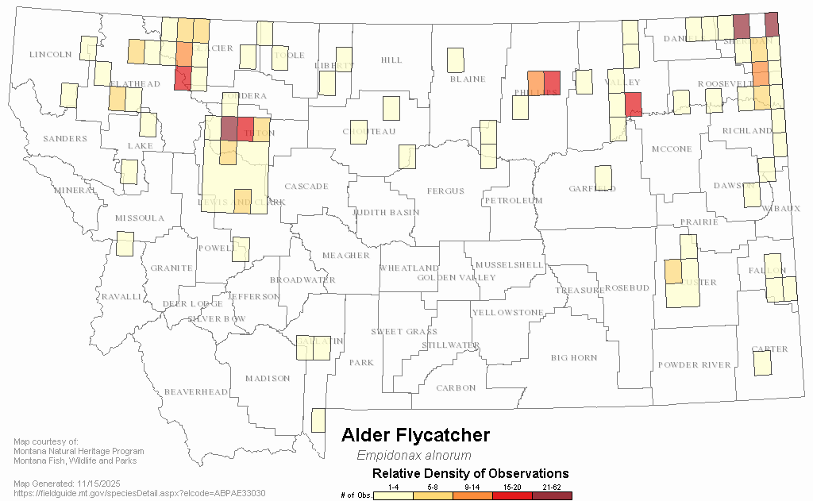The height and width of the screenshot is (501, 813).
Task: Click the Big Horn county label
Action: coord(574,358)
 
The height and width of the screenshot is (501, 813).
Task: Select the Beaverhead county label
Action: coord(196,392)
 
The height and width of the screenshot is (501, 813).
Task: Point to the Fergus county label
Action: coord(445,191)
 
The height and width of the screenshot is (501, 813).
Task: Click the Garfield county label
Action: coord(592,189)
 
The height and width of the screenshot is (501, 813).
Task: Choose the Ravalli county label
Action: coord(121,297)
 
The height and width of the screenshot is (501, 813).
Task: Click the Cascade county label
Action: coord(306,187)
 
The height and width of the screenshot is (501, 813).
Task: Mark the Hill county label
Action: coord(391,60)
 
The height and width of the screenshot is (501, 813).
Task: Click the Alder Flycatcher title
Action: coord(415,435)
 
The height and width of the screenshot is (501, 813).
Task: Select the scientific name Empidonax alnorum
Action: coord(414,456)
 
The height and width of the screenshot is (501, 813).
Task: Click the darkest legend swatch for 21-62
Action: coord(551,495)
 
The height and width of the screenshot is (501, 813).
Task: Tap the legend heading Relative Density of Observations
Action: coord(471,474)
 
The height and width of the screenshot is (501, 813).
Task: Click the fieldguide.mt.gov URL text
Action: coord(140,493)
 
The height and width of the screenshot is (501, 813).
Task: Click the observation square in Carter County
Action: coord(761,363)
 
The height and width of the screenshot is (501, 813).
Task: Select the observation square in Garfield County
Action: coord(603,178)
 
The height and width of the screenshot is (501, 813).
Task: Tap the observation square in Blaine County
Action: coord(455,60)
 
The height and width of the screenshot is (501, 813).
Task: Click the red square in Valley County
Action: coord(633,104)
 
